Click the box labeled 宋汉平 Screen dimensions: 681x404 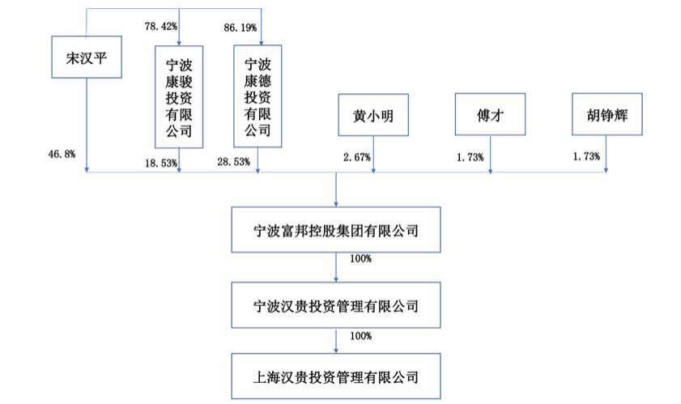pos(87,57)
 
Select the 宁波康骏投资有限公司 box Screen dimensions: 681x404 pos(179,97)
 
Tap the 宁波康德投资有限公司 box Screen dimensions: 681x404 pos(258,96)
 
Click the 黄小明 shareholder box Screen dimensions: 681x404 pos(373,115)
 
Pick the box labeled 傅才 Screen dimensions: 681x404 pos(491,114)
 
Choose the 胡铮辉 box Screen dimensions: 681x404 pos(607,114)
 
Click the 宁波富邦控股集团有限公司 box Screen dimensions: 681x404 pos(336,230)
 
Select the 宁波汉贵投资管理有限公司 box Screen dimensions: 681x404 pos(336,305)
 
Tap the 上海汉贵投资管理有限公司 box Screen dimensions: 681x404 pos(336,376)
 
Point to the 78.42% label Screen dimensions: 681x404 pos(161,27)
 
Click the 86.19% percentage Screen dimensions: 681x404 pos(240,28)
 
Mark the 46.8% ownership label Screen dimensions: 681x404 pos(62,154)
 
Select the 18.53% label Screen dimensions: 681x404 pos(161,164)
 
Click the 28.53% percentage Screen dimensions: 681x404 pos(234,162)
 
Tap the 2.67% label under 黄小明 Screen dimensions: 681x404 pos(357,157)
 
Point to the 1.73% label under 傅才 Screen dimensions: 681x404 pos(470,157)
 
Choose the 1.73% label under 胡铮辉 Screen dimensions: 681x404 pos(586,156)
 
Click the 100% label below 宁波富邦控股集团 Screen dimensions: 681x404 pos(361,259)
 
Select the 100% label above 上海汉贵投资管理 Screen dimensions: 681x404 pos(361,336)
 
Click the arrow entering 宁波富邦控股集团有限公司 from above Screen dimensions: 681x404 pos(336,189)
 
